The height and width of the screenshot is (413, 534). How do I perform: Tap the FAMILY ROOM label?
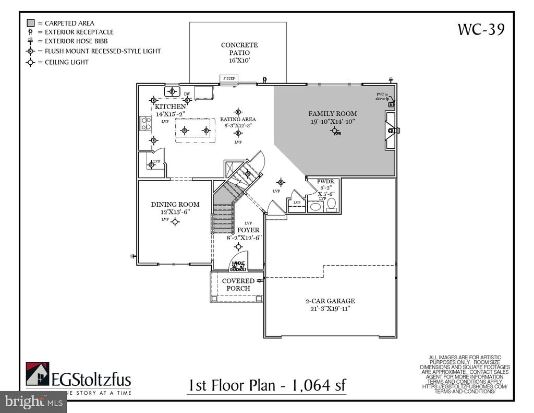click(x=332, y=113)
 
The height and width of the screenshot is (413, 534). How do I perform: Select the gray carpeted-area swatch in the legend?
click(x=31, y=23)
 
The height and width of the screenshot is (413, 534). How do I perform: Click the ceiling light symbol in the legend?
click(x=31, y=62)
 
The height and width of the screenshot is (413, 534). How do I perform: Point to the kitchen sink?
click(x=172, y=91)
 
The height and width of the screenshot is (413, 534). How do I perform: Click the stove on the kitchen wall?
click(x=145, y=123)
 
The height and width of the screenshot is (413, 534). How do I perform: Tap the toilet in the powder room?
click(x=331, y=204)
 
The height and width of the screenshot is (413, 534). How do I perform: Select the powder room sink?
click(x=316, y=207)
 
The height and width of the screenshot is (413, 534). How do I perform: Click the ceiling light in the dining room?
click(x=175, y=221)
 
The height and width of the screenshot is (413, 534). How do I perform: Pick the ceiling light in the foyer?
click(x=238, y=246)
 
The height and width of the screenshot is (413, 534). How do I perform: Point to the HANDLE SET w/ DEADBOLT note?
click(x=238, y=266)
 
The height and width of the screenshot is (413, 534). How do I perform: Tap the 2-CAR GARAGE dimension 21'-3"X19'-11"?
click(x=330, y=309)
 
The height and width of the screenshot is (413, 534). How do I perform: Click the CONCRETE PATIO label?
click(x=239, y=49)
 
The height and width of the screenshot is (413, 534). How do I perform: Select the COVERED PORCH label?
click(x=238, y=285)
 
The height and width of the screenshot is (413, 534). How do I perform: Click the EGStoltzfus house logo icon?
click(x=37, y=374)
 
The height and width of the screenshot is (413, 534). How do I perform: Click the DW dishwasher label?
click(x=187, y=94)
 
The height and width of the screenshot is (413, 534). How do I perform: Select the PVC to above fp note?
click(x=383, y=96)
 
